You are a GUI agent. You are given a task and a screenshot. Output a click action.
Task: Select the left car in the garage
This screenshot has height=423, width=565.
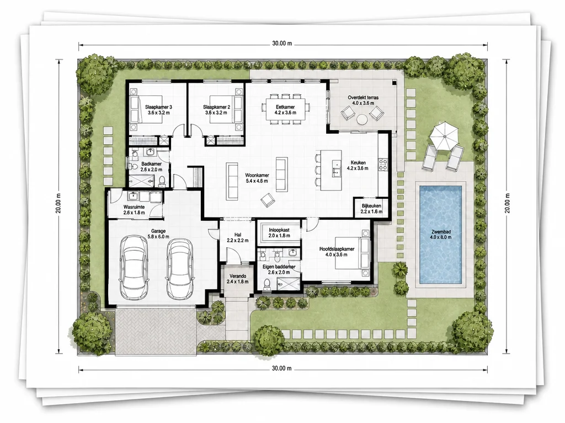(x=134, y=267)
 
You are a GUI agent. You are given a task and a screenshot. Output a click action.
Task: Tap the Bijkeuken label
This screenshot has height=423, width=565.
(x=371, y=206)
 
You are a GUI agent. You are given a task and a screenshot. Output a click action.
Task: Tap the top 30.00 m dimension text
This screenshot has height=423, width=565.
(x=282, y=44)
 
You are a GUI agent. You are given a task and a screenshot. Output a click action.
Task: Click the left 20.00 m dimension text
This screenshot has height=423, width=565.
(x=58, y=203)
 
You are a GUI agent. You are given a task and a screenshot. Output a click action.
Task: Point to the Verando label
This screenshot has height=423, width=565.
(x=238, y=276)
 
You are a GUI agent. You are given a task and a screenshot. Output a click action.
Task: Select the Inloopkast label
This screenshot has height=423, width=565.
(x=279, y=230)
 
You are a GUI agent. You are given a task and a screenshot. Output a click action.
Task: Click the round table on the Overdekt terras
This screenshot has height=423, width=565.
(x=362, y=119)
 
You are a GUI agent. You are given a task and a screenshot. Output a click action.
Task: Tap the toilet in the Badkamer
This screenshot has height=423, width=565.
(x=162, y=181)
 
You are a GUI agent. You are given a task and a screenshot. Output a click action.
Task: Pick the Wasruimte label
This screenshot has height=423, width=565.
(x=134, y=207)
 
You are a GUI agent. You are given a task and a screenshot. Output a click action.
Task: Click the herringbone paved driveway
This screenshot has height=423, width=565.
(x=156, y=331)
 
